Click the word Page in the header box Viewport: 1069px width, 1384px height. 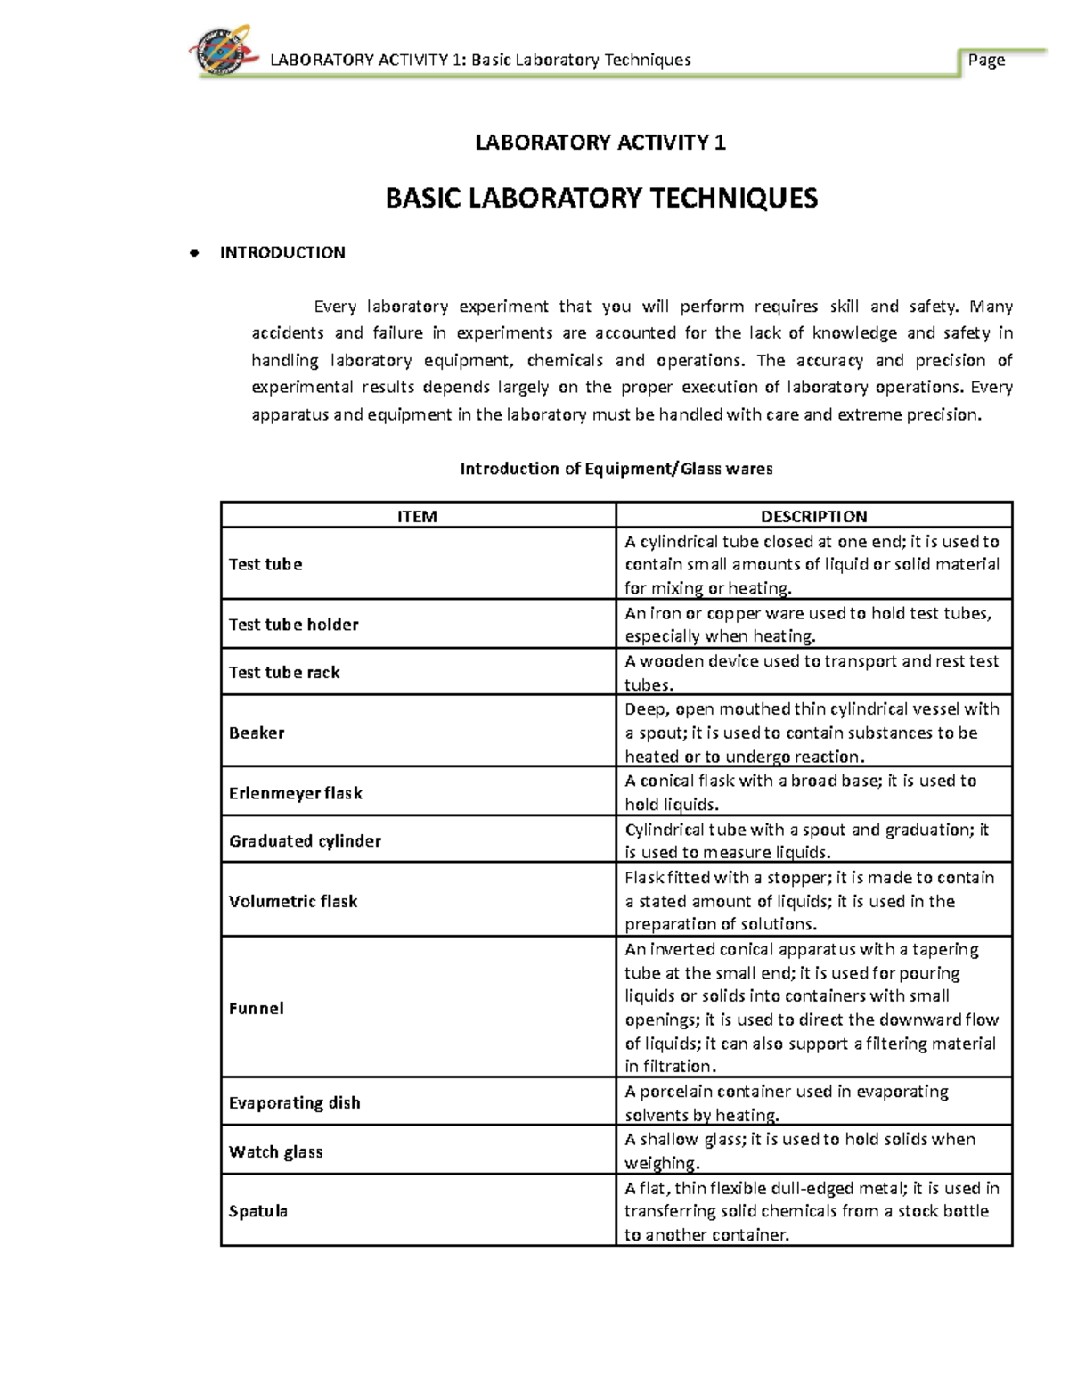[x=986, y=60]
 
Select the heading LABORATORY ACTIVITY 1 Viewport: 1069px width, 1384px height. [x=600, y=143]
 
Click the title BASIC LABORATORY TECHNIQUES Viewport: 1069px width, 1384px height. [x=600, y=198]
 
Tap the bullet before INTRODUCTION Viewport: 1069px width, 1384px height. [x=192, y=253]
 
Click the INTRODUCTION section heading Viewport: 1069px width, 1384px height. [x=282, y=253]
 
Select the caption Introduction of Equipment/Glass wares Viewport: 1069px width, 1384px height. [x=616, y=469]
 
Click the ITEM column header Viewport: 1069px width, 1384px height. [x=417, y=516]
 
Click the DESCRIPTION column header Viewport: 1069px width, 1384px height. [x=813, y=516]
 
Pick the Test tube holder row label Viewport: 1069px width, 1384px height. [x=293, y=625]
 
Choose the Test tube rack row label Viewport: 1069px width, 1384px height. [x=284, y=673]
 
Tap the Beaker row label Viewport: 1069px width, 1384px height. [x=257, y=733]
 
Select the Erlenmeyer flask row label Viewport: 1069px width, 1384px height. [x=295, y=793]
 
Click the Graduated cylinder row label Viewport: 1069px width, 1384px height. [x=305, y=841]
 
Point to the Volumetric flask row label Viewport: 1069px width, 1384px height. [x=293, y=901]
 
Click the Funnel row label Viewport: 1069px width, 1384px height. [x=257, y=1009]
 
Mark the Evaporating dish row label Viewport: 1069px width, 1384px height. [x=295, y=1103]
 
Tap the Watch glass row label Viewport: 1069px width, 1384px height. [x=275, y=1152]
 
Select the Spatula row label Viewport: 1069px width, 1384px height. [x=258, y=1211]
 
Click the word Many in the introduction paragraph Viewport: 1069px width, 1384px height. [x=991, y=307]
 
